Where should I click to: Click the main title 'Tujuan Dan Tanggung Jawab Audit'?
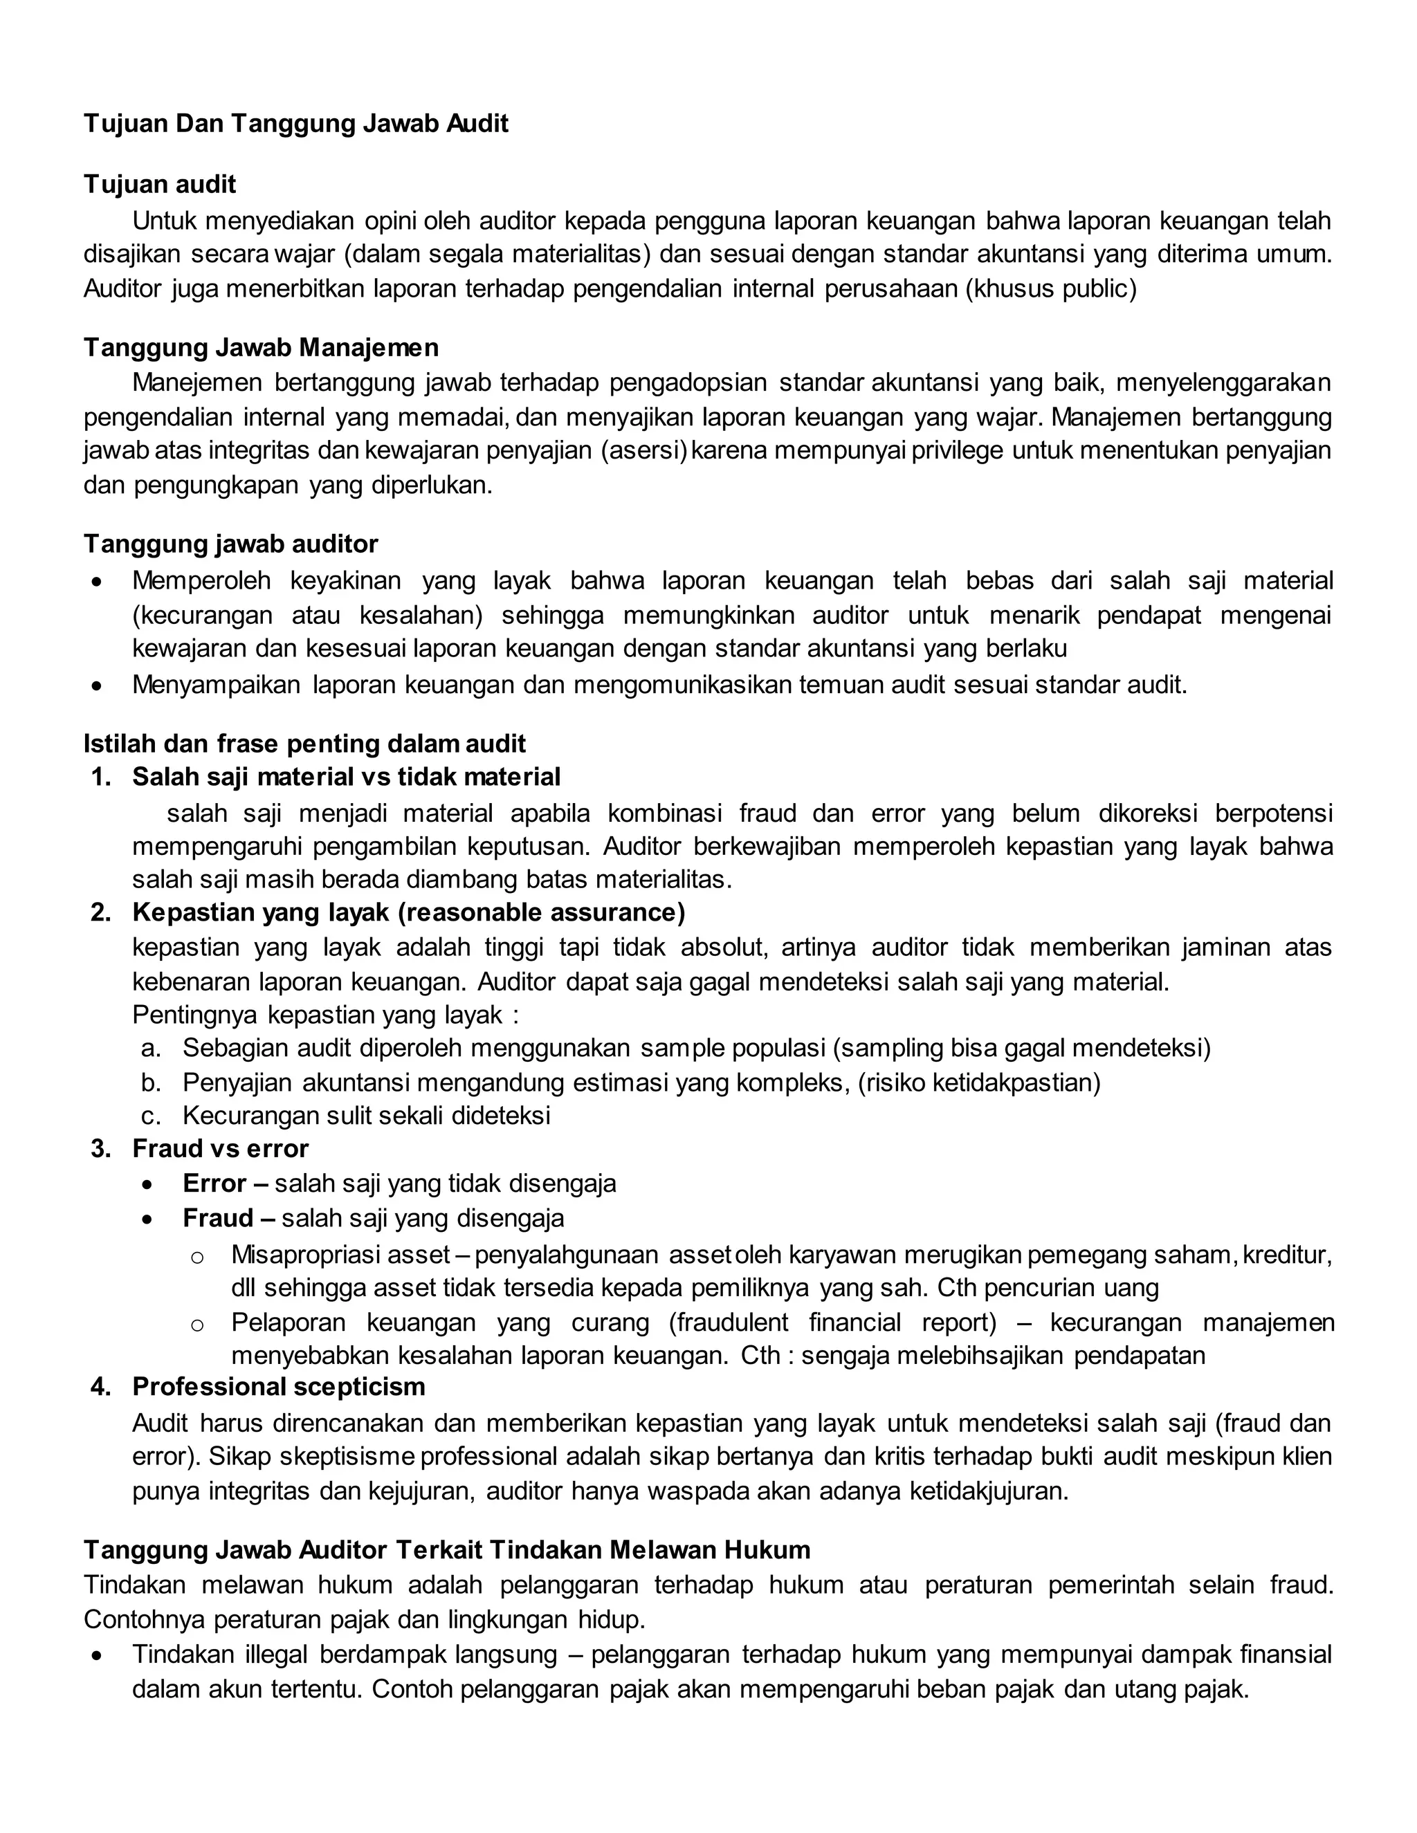pos(295,125)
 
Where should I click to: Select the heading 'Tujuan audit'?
pos(160,185)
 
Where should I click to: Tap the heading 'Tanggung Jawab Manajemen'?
pos(260,347)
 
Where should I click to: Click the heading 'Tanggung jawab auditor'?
pos(231,544)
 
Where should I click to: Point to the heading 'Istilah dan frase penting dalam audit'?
pos(304,744)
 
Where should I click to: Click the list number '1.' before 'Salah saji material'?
pos(101,777)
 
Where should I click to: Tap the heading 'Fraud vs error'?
pos(220,1148)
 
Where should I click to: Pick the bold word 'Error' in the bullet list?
pos(214,1183)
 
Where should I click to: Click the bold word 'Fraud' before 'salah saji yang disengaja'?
pos(217,1218)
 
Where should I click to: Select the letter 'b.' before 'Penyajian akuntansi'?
pos(151,1083)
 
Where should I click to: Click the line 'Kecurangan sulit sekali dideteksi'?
pos(366,1116)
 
